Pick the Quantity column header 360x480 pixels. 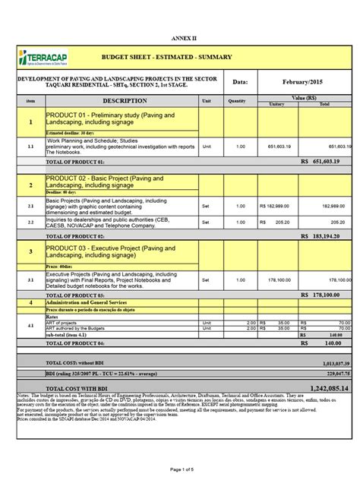coord(237,100)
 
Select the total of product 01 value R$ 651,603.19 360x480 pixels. coord(326,161)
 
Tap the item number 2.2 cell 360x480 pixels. coord(30,223)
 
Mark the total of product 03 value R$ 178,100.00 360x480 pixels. coord(326,295)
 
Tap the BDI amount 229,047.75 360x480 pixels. coord(333,374)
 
